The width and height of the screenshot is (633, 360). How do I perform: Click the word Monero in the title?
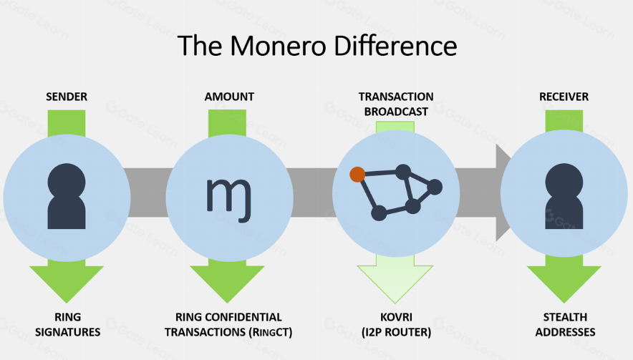coord(278,46)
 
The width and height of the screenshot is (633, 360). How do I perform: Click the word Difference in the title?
coord(395,46)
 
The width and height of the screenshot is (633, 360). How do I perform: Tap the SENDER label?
coord(67,97)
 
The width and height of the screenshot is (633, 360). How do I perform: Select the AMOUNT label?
coord(229,97)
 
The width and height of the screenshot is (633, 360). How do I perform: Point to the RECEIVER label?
coord(564,97)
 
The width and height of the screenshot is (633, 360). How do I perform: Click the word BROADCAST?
coord(396,112)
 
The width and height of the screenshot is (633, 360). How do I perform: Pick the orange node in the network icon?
coord(357,175)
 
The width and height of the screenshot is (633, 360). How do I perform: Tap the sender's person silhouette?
coord(67,196)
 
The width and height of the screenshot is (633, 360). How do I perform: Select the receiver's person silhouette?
coord(564,196)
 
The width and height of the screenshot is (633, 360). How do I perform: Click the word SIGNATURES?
coord(68,332)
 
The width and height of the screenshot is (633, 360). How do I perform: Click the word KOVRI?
coord(396,317)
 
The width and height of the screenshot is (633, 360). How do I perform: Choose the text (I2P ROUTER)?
coord(396,332)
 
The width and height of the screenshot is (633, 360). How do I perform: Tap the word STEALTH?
coord(565,317)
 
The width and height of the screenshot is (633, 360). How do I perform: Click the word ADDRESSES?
coord(565,332)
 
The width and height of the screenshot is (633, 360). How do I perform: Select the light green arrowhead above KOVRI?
coord(395,283)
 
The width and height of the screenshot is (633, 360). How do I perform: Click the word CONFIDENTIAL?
coord(248,317)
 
